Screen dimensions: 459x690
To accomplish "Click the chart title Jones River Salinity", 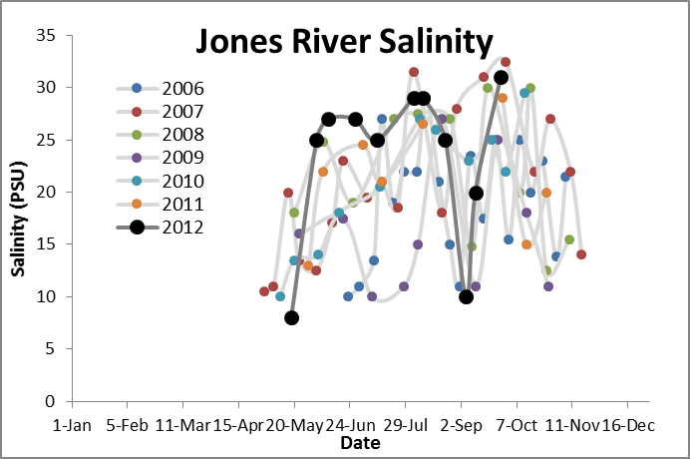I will (x=344, y=42).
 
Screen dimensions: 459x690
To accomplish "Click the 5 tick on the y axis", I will (x=47, y=349).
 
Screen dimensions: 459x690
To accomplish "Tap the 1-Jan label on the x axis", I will (x=72, y=425).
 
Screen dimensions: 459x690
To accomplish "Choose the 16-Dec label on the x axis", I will (x=628, y=425).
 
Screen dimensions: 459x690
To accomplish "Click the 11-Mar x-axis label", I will (x=183, y=425).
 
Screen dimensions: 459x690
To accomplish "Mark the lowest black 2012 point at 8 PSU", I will (x=291, y=318).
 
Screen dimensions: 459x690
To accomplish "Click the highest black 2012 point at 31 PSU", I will (x=502, y=78).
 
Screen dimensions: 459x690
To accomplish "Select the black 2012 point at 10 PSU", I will (x=466, y=296).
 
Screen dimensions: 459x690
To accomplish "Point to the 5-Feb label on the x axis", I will (x=128, y=425).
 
